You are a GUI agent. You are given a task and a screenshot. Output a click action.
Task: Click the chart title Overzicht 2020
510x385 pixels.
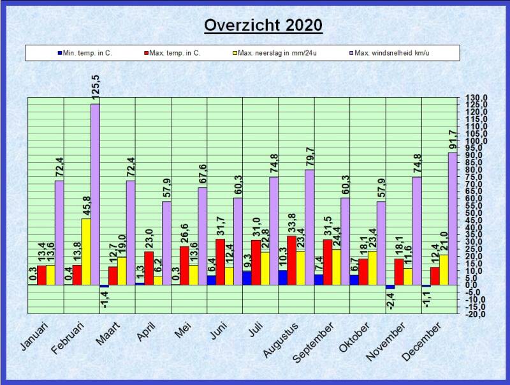click(263, 26)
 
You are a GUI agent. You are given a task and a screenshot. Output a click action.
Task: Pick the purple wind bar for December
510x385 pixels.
click(453, 218)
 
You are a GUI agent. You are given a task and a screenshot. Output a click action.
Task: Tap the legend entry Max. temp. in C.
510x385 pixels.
click(174, 53)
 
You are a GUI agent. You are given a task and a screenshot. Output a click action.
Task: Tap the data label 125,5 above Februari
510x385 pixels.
click(95, 87)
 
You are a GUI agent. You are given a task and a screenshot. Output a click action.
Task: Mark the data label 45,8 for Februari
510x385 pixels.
click(86, 205)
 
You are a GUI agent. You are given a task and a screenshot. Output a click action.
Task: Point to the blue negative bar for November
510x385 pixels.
click(390, 287)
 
